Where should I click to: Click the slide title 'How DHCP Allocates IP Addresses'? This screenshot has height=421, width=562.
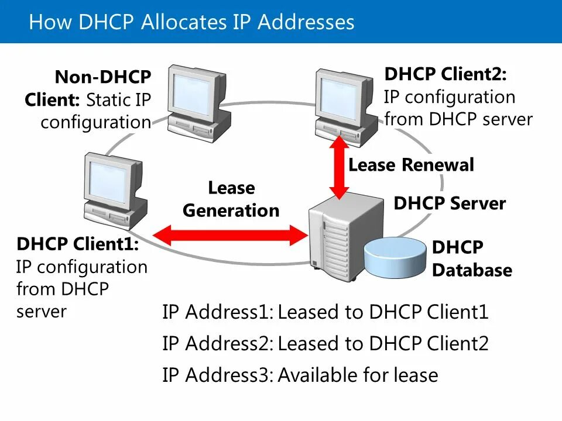point(191,22)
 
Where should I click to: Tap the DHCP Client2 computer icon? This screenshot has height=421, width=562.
point(345,99)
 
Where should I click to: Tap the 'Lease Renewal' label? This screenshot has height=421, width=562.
point(411,165)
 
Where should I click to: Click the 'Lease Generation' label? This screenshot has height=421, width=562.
point(231,199)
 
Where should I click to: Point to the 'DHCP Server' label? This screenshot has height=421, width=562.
point(450,203)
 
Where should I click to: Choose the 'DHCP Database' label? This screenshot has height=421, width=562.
point(471,259)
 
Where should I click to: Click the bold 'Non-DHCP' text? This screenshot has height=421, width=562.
point(103,77)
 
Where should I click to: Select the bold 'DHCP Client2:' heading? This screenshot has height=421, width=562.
point(446,74)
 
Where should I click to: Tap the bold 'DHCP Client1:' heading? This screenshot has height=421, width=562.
point(78,243)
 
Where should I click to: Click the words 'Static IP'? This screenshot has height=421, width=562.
point(118,99)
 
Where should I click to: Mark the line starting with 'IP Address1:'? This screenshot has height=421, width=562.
point(325,312)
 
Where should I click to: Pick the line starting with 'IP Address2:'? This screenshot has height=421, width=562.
point(325,343)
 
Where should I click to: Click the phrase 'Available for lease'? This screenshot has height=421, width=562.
point(358,375)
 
